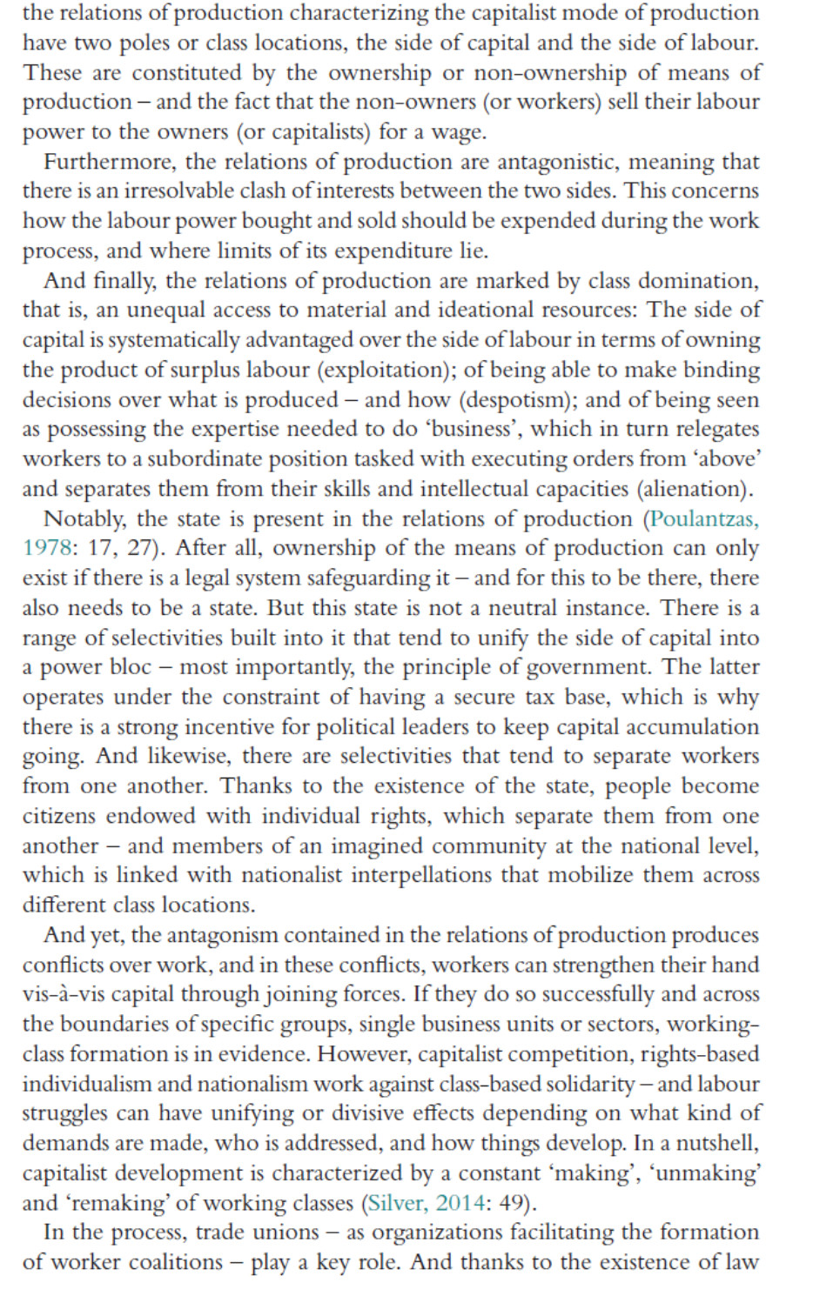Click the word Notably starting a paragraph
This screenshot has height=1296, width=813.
click(x=84, y=519)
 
